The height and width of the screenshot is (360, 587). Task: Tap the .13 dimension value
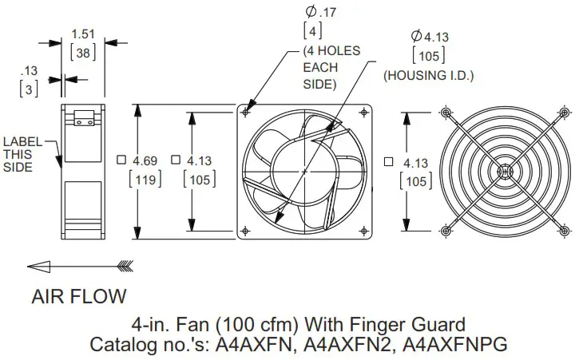(x=30, y=70)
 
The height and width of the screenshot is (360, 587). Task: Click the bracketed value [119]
(x=145, y=179)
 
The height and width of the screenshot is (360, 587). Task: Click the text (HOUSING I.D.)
(x=428, y=76)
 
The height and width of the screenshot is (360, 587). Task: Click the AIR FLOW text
(x=78, y=297)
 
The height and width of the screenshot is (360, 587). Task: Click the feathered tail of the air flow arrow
(x=125, y=266)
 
